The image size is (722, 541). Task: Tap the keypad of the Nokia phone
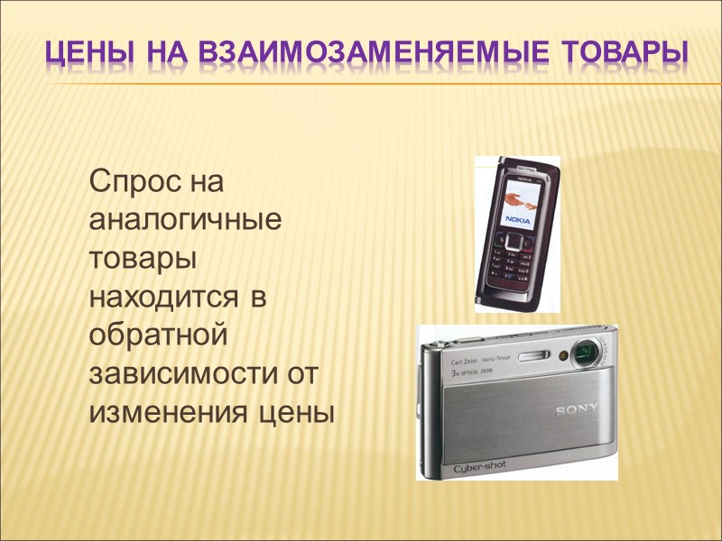tap(517, 267)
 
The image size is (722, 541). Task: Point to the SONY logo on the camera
tap(577, 410)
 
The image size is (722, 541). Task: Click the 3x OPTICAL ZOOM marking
tap(472, 371)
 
